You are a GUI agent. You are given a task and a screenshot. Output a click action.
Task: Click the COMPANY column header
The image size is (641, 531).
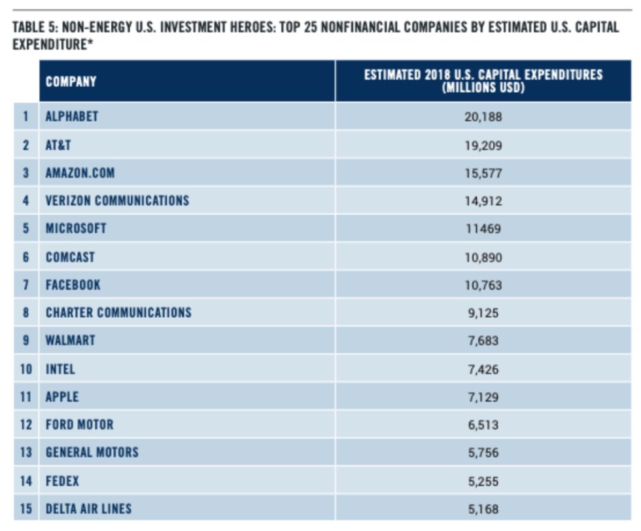[x=71, y=82]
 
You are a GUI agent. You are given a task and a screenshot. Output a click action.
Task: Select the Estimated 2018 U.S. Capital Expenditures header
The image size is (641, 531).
[x=483, y=81]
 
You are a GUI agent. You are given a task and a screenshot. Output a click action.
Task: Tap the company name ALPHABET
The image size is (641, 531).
[x=71, y=116]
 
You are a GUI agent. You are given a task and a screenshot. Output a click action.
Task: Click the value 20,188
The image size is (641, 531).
[x=483, y=117]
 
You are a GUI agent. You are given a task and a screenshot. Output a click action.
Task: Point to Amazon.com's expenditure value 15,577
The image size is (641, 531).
[x=483, y=173]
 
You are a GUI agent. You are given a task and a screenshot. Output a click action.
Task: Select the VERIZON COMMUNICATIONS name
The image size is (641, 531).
[x=117, y=201]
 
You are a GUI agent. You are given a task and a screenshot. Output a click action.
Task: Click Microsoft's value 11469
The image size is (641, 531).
[x=483, y=228]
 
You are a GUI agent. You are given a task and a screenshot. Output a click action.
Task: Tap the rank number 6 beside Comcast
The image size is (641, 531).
[x=26, y=257]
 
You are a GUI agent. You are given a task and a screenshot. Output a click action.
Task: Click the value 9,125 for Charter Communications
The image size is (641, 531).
[x=483, y=313]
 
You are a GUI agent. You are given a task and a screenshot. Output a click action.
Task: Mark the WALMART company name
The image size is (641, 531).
[x=71, y=341]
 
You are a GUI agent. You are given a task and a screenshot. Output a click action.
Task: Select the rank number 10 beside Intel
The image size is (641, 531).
[x=26, y=369]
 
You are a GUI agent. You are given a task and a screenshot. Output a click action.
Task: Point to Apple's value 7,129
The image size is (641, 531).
[x=483, y=397]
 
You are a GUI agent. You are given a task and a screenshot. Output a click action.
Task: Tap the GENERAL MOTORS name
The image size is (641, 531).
[x=92, y=453]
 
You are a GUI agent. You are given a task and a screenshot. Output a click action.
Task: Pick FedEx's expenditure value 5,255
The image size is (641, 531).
[x=483, y=481]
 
